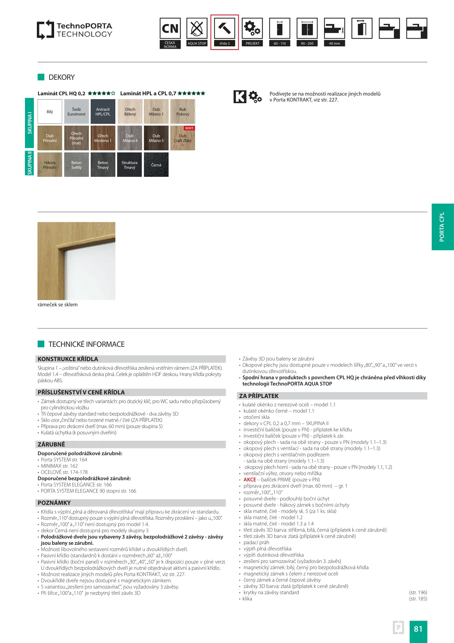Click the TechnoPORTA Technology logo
coord(74,30)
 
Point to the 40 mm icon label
coord(334,43)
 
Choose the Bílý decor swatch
coord(50,112)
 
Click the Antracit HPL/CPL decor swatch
coord(103,112)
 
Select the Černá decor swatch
coord(156,165)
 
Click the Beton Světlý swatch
coord(76,165)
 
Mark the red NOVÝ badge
coord(189,128)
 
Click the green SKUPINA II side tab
coord(29,163)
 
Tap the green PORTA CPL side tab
coord(442,227)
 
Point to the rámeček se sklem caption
coord(58,305)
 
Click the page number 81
coord(418,629)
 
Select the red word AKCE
coord(250,480)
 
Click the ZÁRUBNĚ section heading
coord(51,444)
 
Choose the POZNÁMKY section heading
coord(54,503)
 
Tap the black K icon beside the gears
coord(240,97)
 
